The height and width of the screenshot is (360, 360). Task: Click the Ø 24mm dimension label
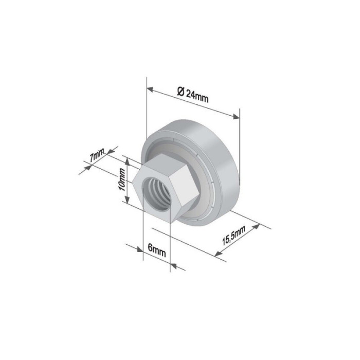[x=193, y=95]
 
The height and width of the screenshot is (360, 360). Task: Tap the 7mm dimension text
[x=96, y=156]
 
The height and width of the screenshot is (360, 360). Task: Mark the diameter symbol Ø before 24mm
[x=180, y=92]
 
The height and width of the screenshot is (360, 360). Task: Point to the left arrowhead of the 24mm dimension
[x=150, y=88]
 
